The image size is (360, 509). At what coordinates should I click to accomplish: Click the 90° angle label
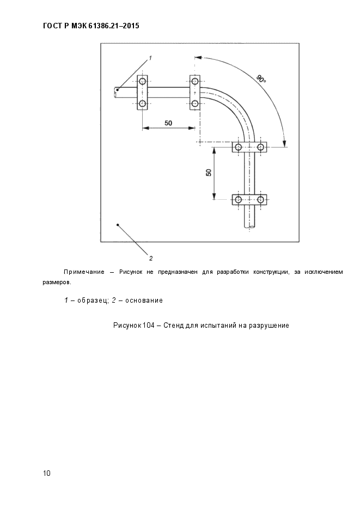pyautogui.click(x=261, y=79)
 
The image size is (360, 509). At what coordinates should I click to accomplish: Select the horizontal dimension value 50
pyautogui.click(x=168, y=123)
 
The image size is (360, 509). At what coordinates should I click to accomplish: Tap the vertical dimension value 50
pyautogui.click(x=209, y=173)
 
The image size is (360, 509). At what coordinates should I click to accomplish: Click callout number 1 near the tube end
pyautogui.click(x=150, y=58)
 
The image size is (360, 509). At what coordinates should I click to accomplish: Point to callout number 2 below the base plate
pyautogui.click(x=151, y=259)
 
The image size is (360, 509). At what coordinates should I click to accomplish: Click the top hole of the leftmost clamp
pyautogui.click(x=143, y=81)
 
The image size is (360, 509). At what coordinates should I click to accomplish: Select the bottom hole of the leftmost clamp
pyautogui.click(x=143, y=103)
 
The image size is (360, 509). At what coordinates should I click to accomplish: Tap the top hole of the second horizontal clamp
pyautogui.click(x=195, y=81)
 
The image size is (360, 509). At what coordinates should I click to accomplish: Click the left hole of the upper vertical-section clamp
pyautogui.click(x=239, y=147)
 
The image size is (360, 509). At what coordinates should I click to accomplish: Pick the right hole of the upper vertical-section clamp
pyautogui.click(x=261, y=147)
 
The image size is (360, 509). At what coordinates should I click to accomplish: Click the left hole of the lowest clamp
pyautogui.click(x=239, y=199)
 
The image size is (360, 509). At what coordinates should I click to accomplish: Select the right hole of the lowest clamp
pyautogui.click(x=261, y=199)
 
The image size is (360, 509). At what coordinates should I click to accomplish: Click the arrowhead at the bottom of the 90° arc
pyautogui.click(x=285, y=143)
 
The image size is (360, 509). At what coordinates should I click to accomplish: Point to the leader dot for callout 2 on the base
pyautogui.click(x=118, y=225)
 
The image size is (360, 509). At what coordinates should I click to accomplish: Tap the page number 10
pyautogui.click(x=47, y=473)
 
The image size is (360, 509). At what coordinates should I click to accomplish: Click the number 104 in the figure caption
pyautogui.click(x=148, y=325)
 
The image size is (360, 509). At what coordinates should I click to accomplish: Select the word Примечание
pyautogui.click(x=84, y=272)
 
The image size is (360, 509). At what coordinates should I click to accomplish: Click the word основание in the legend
pyautogui.click(x=144, y=301)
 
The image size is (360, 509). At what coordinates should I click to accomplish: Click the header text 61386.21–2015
pyautogui.click(x=114, y=26)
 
